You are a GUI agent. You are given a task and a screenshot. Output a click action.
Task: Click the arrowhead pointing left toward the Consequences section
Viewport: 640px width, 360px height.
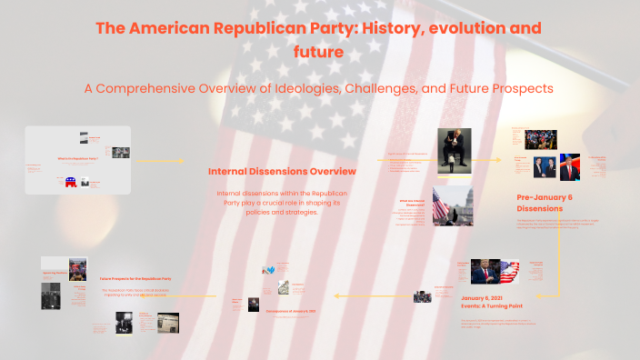338,295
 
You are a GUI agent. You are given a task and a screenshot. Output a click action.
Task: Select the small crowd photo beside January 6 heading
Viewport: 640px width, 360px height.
423,296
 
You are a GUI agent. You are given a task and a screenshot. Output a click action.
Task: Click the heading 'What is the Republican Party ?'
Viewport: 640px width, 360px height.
77,159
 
